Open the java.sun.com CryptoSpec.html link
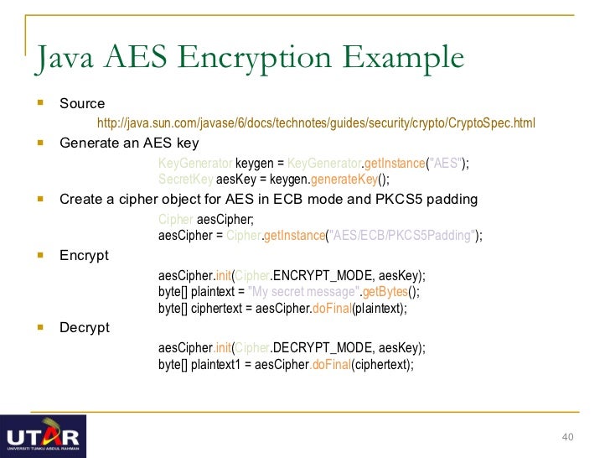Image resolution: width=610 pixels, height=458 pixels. (316, 123)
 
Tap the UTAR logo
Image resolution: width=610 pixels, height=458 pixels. (43, 436)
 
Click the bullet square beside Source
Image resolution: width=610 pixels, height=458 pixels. (40, 103)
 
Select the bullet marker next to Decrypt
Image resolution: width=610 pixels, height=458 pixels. (40, 327)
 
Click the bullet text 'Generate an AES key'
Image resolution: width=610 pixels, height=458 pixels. (129, 143)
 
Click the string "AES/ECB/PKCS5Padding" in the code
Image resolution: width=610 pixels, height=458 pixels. (401, 236)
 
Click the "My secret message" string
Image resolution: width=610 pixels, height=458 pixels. (302, 291)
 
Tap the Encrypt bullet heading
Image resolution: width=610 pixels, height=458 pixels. (84, 255)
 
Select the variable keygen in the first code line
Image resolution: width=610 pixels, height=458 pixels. (254, 163)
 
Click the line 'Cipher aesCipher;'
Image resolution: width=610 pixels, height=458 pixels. (205, 220)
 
